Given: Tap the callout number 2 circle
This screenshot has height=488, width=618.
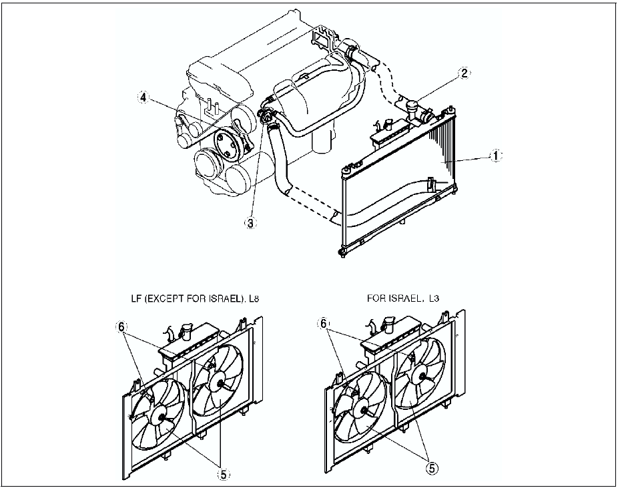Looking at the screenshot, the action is pyautogui.click(x=465, y=73).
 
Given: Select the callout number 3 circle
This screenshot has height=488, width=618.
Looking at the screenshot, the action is pyautogui.click(x=250, y=223).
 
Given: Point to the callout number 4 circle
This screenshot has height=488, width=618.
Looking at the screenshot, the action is pyautogui.click(x=144, y=97).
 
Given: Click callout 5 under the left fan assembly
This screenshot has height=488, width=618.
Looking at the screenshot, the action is pyautogui.click(x=223, y=475).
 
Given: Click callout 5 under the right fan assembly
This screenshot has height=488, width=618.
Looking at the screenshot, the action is pyautogui.click(x=431, y=468).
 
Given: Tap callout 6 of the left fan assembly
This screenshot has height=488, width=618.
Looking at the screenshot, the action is pyautogui.click(x=121, y=326).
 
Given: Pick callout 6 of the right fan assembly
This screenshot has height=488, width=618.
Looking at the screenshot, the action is pyautogui.click(x=323, y=323).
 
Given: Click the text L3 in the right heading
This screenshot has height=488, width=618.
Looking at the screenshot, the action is pyautogui.click(x=434, y=298).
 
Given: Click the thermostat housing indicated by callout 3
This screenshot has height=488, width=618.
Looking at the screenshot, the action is pyautogui.click(x=266, y=117).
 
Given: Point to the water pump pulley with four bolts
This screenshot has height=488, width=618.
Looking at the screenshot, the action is pyautogui.click(x=228, y=144).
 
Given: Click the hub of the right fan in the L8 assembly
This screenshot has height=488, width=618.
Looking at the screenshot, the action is pyautogui.click(x=219, y=383).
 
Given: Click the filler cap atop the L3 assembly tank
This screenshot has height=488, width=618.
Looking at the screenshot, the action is pyautogui.click(x=386, y=323).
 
